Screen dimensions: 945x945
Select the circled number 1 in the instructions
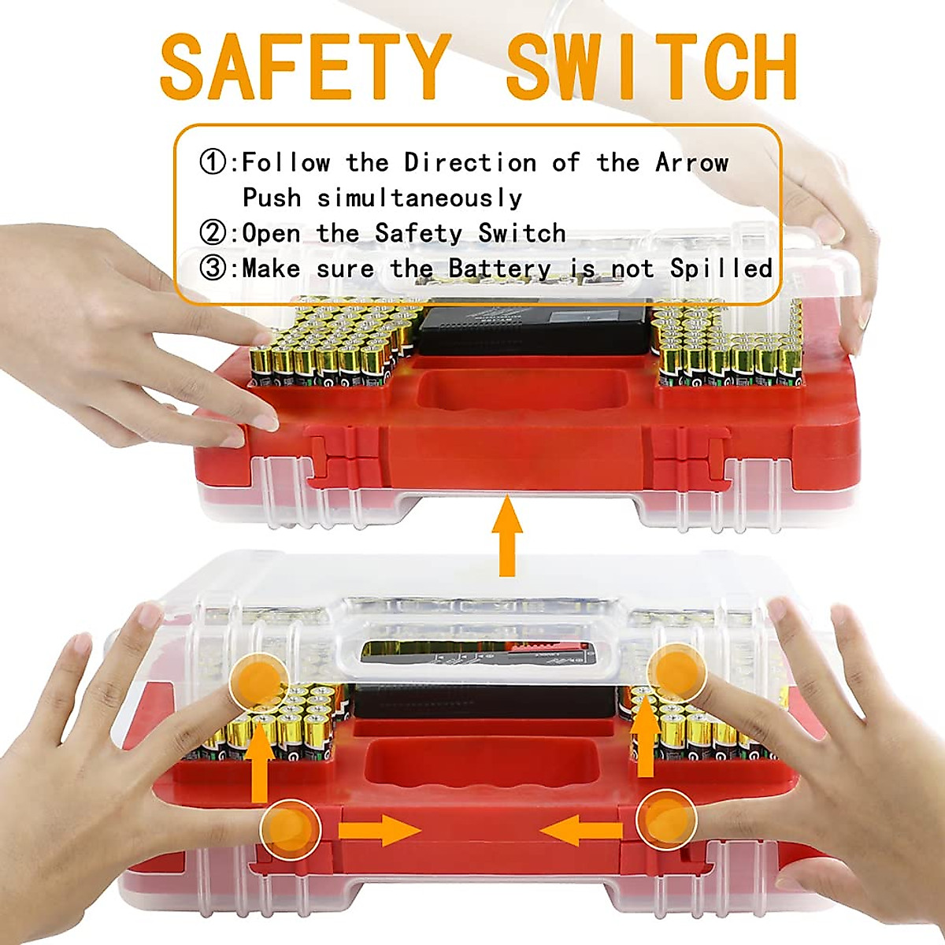[213, 163]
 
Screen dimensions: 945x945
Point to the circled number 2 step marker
[213, 233]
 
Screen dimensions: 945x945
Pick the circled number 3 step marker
[213, 269]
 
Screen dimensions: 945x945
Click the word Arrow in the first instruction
[692, 163]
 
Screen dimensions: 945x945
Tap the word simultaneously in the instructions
[420, 198]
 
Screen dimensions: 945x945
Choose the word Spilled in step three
[721, 269]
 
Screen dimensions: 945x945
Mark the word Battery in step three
[499, 269]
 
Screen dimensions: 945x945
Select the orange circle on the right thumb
[665, 819]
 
